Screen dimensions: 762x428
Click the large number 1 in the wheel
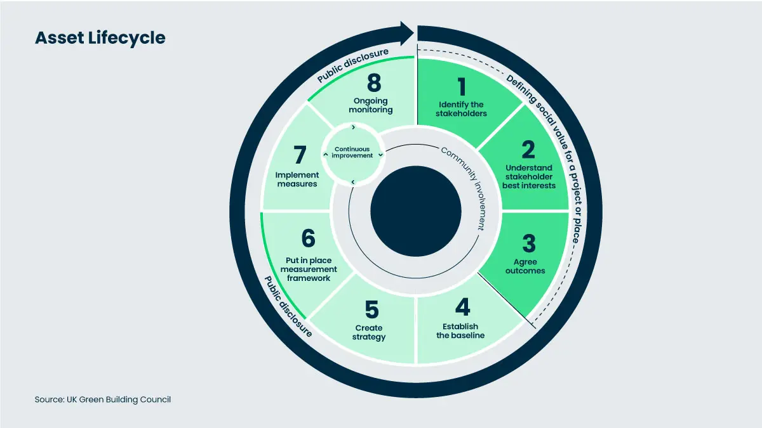(x=462, y=87)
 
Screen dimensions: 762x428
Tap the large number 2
(x=528, y=150)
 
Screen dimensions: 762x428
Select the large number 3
(x=529, y=243)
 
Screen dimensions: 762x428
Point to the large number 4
(x=463, y=307)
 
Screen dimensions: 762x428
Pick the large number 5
(x=372, y=309)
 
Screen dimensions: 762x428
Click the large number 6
(x=308, y=238)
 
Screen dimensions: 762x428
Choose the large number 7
(x=300, y=155)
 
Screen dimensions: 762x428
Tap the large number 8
(x=374, y=82)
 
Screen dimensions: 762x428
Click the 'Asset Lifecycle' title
(x=100, y=37)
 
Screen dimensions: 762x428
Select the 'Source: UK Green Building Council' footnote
(x=103, y=399)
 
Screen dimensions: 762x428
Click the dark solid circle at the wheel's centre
(x=416, y=211)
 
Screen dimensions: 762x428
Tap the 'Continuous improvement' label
(x=352, y=152)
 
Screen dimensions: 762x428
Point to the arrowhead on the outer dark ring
(x=406, y=33)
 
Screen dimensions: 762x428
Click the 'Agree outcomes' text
(x=525, y=266)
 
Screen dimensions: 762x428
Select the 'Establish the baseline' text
(x=460, y=331)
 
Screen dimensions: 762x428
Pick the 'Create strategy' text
(x=369, y=332)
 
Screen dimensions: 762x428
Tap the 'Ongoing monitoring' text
(x=370, y=105)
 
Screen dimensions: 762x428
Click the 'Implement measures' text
(x=297, y=179)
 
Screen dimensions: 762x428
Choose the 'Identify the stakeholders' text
(x=461, y=109)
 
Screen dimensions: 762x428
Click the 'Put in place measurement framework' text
(x=309, y=269)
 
